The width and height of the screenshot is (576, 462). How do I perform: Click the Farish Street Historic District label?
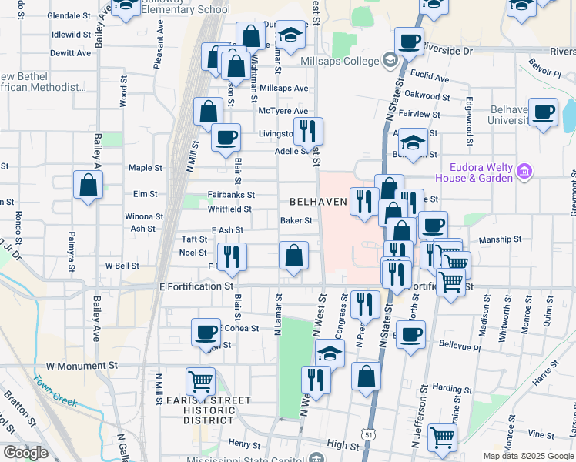click(x=208, y=410)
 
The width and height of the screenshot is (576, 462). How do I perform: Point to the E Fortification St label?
click(x=196, y=286)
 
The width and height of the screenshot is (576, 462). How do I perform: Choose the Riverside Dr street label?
click(x=446, y=51)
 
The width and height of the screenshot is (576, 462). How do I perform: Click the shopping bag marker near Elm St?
click(x=88, y=186)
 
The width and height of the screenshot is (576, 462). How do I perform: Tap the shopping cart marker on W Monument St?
click(x=200, y=380)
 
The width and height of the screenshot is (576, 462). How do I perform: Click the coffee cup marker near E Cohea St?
click(x=206, y=332)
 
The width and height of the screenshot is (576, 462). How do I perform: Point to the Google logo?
click(x=25, y=453)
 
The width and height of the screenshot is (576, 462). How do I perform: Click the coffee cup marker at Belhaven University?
click(x=543, y=112)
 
